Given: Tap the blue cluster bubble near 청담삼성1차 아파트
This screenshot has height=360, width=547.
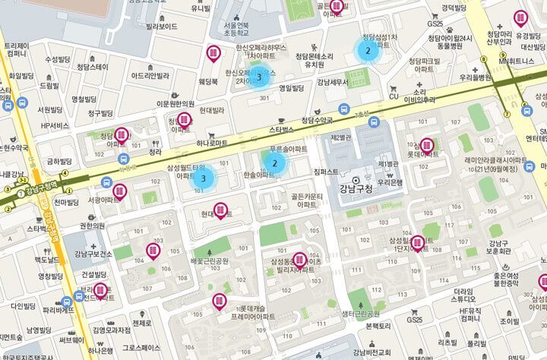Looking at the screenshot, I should (368, 51).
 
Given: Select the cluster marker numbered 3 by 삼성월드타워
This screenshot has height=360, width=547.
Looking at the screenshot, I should (204, 177).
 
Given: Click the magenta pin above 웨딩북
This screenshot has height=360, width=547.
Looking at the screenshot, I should (214, 53).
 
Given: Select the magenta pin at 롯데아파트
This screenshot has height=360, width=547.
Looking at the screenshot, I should (427, 144).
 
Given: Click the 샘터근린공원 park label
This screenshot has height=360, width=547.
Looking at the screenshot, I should (360, 313).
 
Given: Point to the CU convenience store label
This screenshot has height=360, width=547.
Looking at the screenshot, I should (394, 96).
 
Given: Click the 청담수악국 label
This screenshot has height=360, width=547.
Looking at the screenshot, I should (317, 120).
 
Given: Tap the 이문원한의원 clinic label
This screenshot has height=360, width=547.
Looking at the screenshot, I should (175, 103).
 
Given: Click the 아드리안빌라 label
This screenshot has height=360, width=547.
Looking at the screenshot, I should (150, 75).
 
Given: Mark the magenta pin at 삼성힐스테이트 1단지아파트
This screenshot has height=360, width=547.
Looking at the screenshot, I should (416, 242).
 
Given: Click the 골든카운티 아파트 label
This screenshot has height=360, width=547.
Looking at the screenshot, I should (307, 201).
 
